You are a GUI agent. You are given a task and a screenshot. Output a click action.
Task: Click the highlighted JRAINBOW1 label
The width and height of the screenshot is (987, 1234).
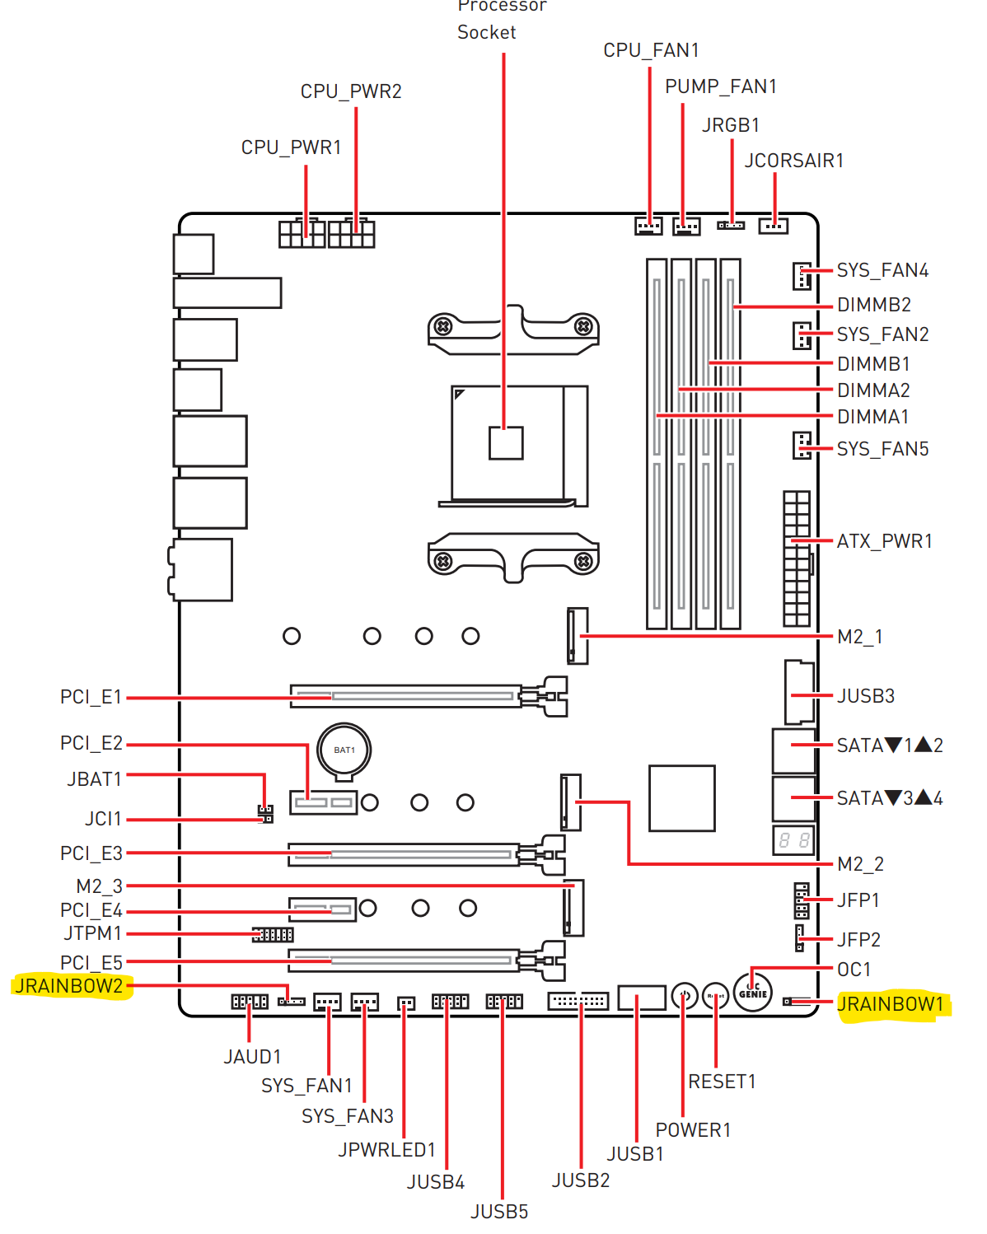pyautogui.click(x=890, y=1004)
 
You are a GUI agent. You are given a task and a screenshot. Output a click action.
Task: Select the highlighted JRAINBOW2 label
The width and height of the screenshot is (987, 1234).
pyautogui.click(x=69, y=986)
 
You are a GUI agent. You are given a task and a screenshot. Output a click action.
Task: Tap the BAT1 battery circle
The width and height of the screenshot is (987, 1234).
pyautogui.click(x=344, y=750)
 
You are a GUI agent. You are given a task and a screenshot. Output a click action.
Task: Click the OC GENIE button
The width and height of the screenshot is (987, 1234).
pyautogui.click(x=753, y=992)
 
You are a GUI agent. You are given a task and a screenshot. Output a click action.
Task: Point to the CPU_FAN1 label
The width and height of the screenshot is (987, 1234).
pyautogui.click(x=651, y=50)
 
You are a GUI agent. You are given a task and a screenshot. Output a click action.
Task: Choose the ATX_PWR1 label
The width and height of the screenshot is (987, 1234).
pyautogui.click(x=884, y=541)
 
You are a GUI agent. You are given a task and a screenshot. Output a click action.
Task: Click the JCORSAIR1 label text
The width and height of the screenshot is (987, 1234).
pyautogui.click(x=793, y=161)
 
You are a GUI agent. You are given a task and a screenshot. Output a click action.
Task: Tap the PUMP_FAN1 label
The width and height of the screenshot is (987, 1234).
pyautogui.click(x=720, y=86)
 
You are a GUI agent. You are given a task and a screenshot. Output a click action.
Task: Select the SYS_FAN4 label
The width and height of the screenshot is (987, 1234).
pyautogui.click(x=882, y=270)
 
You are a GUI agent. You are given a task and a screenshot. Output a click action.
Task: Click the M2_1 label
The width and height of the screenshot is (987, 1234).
pyautogui.click(x=859, y=637)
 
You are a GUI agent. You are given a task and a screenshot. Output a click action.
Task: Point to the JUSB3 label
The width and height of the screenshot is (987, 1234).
pyautogui.click(x=865, y=696)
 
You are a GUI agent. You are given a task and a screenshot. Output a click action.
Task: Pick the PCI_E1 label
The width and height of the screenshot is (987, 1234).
pyautogui.click(x=91, y=697)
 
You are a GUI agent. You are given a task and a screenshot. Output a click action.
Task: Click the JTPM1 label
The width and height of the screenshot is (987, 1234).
pyautogui.click(x=93, y=933)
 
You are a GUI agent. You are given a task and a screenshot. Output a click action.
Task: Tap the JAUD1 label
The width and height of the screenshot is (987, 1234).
pyautogui.click(x=252, y=1057)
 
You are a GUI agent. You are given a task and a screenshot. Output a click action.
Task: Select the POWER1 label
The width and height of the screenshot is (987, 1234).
pyautogui.click(x=693, y=1130)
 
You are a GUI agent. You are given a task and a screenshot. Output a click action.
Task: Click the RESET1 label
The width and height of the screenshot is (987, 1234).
pyautogui.click(x=722, y=1082)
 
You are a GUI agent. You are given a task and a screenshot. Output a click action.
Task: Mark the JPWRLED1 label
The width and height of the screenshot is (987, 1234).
pyautogui.click(x=386, y=1149)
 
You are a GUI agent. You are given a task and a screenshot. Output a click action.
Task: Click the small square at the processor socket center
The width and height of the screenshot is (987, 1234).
pyautogui.click(x=506, y=442)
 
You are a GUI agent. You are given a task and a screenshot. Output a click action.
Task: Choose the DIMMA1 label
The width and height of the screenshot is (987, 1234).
pyautogui.click(x=872, y=417)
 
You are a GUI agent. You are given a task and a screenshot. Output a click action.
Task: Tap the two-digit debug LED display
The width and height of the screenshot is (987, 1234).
pyautogui.click(x=794, y=840)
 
